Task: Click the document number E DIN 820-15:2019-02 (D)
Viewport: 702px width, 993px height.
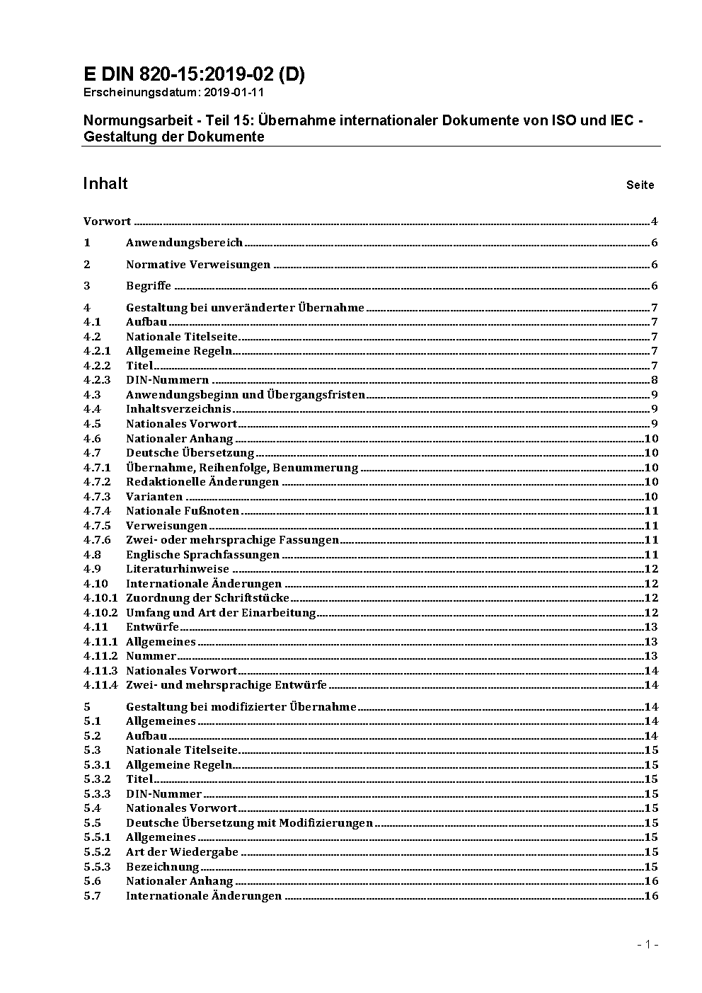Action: click(x=194, y=74)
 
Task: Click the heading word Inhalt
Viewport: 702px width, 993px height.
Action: click(x=105, y=183)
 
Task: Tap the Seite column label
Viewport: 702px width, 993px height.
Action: click(x=640, y=185)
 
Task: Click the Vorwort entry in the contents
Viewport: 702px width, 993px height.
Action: click(x=107, y=222)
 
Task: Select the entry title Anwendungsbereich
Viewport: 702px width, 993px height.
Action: click(x=184, y=243)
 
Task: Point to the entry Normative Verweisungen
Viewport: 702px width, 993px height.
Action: click(x=198, y=265)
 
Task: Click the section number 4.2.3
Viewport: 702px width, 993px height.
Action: click(x=97, y=380)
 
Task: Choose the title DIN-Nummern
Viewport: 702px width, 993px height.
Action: click(x=167, y=380)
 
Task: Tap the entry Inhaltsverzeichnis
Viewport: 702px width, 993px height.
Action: click(x=178, y=409)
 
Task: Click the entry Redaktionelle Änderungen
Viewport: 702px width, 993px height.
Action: click(x=202, y=482)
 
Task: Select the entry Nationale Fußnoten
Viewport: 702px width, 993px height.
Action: click(x=183, y=511)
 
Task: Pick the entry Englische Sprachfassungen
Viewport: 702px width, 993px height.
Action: click(x=202, y=555)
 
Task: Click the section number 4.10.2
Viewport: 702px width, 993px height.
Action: click(x=100, y=613)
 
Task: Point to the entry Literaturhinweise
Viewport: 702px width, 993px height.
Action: click(x=178, y=569)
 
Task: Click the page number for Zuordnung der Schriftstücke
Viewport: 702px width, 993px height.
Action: click(x=651, y=598)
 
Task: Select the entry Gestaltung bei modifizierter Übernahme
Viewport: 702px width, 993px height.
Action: click(x=241, y=707)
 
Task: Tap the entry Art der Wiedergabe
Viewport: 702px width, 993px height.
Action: click(x=182, y=852)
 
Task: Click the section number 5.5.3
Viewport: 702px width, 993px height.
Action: click(x=97, y=867)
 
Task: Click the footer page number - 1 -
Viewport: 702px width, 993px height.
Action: click(x=648, y=944)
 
